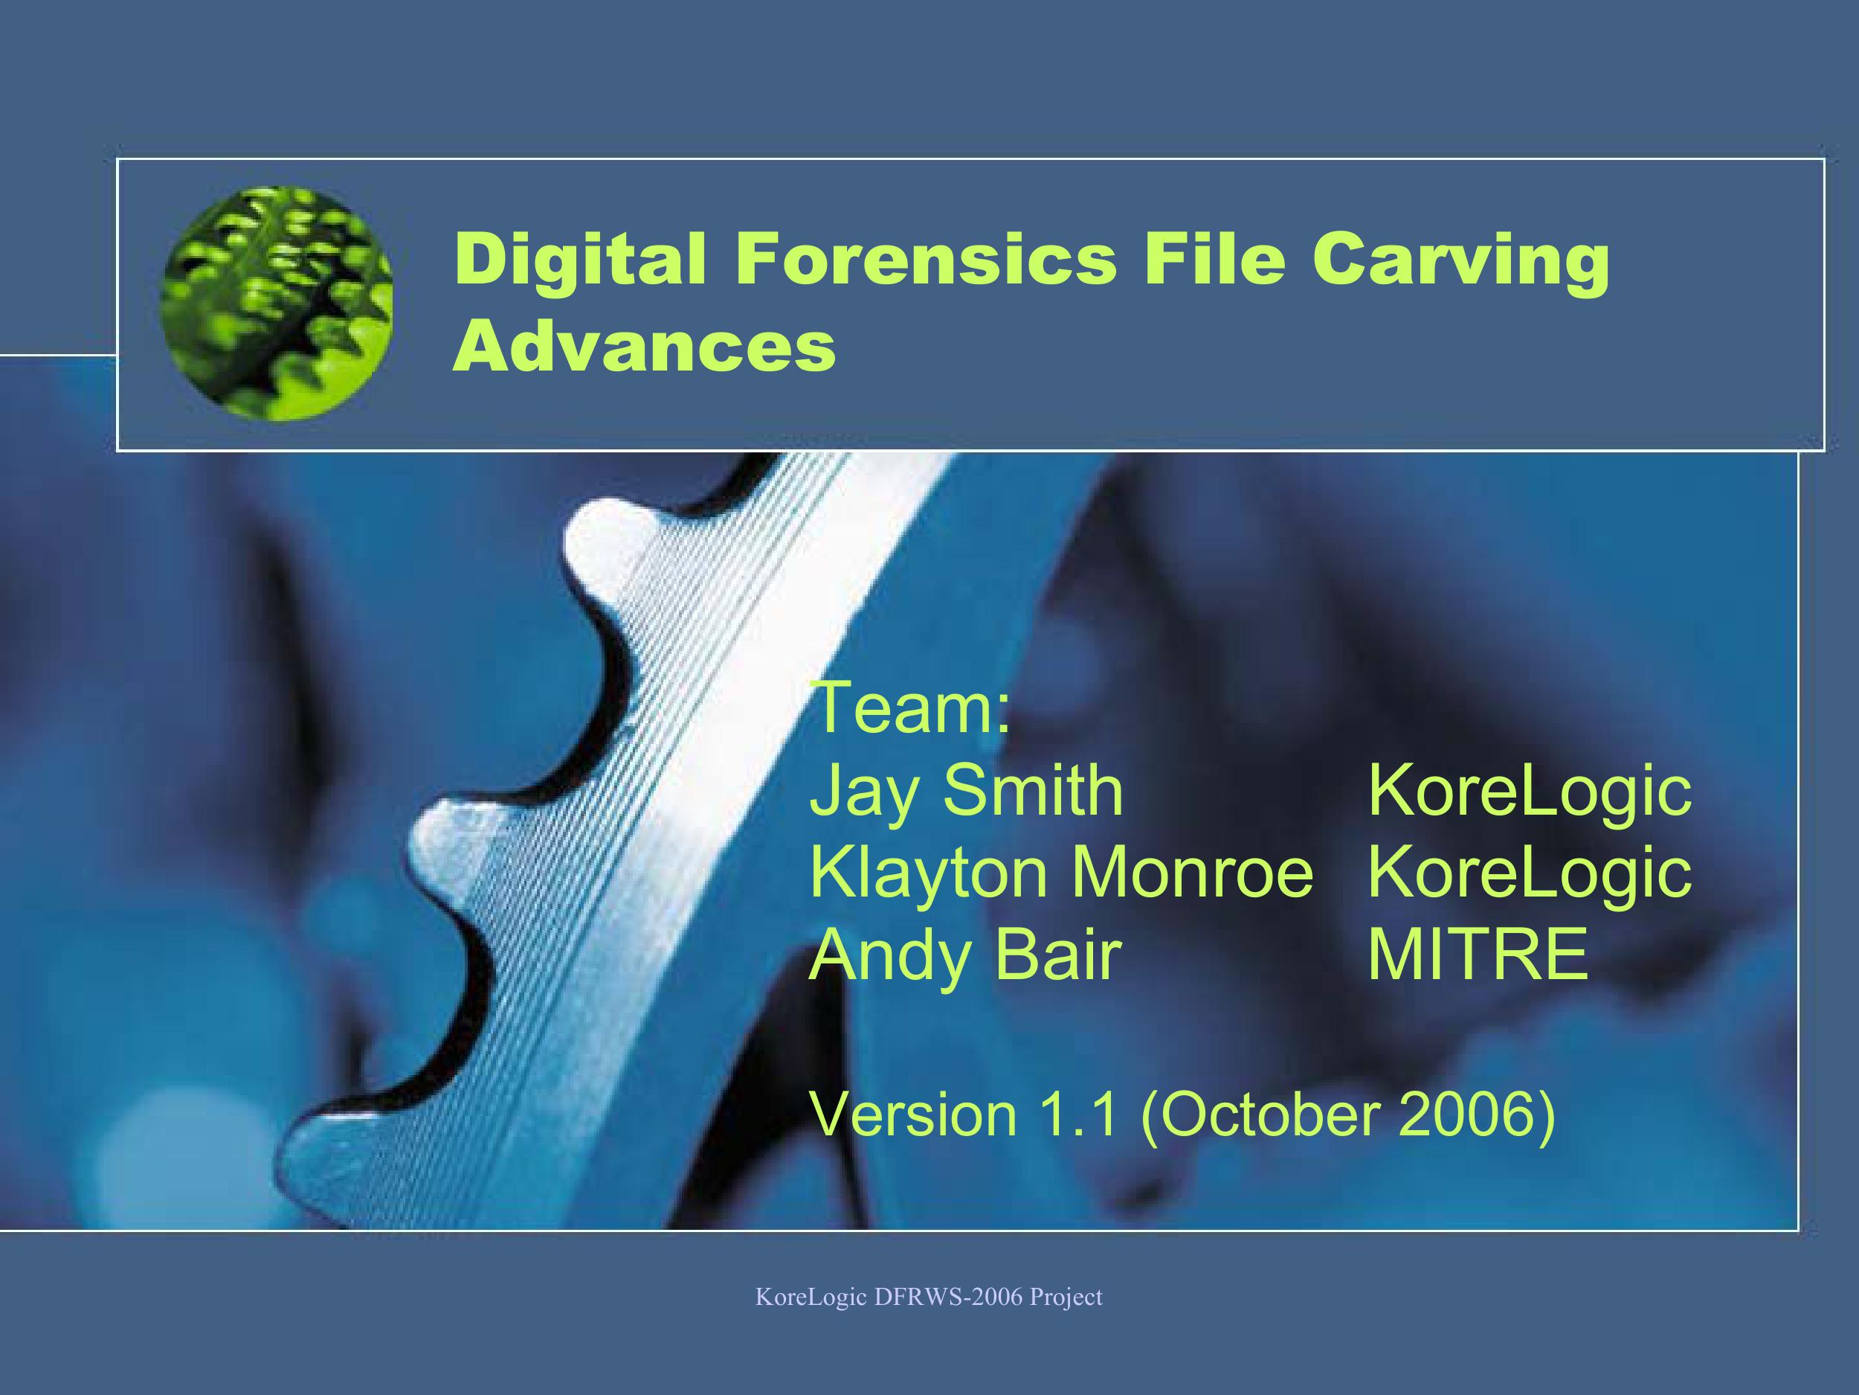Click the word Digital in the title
point(580,260)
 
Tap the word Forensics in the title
point(926,260)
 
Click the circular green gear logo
point(277,304)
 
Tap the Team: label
point(909,709)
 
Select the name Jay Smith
point(966,793)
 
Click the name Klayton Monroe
point(1060,872)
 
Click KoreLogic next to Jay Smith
point(1530,793)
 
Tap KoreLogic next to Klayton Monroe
point(1530,872)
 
